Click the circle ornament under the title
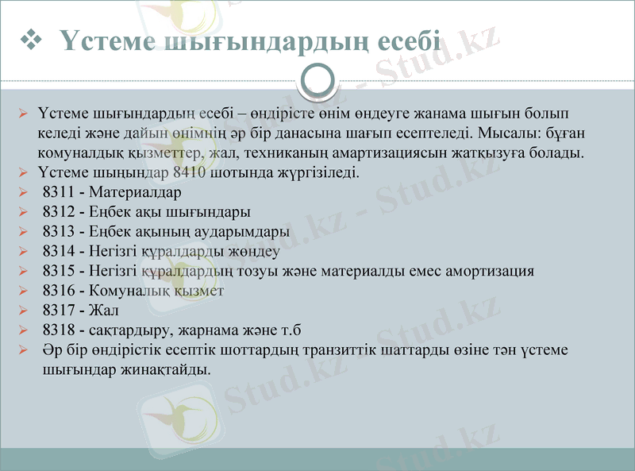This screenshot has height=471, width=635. coord(317,80)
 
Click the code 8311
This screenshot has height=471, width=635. coord(58,191)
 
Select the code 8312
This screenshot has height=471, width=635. coord(58,212)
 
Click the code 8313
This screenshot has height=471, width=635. coord(58,232)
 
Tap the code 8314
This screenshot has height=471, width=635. coord(58,252)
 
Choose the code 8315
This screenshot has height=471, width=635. coord(58,271)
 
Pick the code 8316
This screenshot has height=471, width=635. coord(58,291)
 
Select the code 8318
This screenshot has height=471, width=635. coord(58,330)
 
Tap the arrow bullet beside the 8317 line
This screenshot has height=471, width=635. coord(23,311)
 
